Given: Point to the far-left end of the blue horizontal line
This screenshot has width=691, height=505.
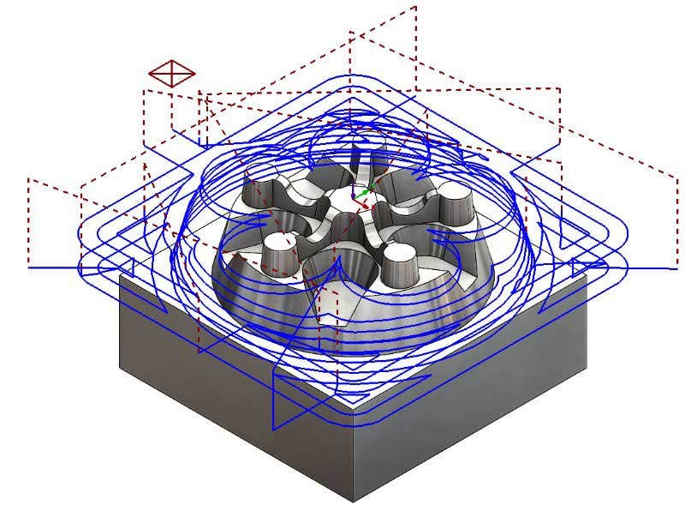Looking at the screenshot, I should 30,268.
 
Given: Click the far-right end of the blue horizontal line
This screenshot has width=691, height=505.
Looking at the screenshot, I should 676,267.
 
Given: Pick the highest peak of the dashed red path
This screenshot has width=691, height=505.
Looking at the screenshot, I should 415,7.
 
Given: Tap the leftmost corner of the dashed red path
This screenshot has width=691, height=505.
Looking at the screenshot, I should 28,180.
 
